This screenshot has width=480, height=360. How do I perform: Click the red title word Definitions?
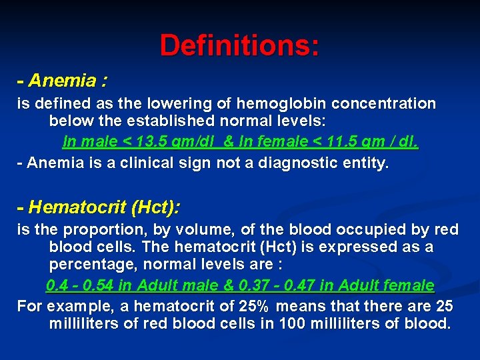click(239, 45)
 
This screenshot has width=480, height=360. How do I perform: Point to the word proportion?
click(100, 230)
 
